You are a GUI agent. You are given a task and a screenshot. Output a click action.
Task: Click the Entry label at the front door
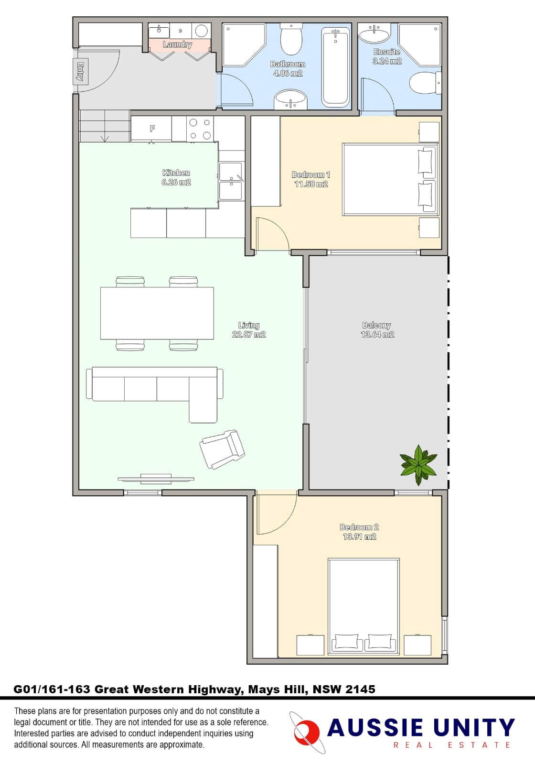[x=81, y=72]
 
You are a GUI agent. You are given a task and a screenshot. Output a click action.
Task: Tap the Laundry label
[x=177, y=44]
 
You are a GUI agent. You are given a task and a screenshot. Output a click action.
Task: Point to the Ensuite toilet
[x=425, y=83]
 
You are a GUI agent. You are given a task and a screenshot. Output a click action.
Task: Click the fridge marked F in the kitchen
[x=151, y=128]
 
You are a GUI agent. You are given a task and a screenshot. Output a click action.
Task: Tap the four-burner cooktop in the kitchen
[x=200, y=129]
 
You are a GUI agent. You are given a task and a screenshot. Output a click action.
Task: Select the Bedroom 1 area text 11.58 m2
[x=311, y=184]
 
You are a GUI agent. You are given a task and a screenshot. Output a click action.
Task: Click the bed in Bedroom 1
[x=389, y=179]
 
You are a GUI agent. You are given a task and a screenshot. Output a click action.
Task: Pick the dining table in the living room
[x=157, y=313]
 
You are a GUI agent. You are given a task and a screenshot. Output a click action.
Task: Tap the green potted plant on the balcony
[x=418, y=464]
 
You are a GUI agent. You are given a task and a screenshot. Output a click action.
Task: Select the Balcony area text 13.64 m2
[x=377, y=335]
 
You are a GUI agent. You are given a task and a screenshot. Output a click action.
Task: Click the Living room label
[x=249, y=325]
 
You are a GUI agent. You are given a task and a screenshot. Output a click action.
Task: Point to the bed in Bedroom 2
[x=364, y=606]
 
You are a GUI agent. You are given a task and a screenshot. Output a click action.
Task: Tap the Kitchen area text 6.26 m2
[x=176, y=182]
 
